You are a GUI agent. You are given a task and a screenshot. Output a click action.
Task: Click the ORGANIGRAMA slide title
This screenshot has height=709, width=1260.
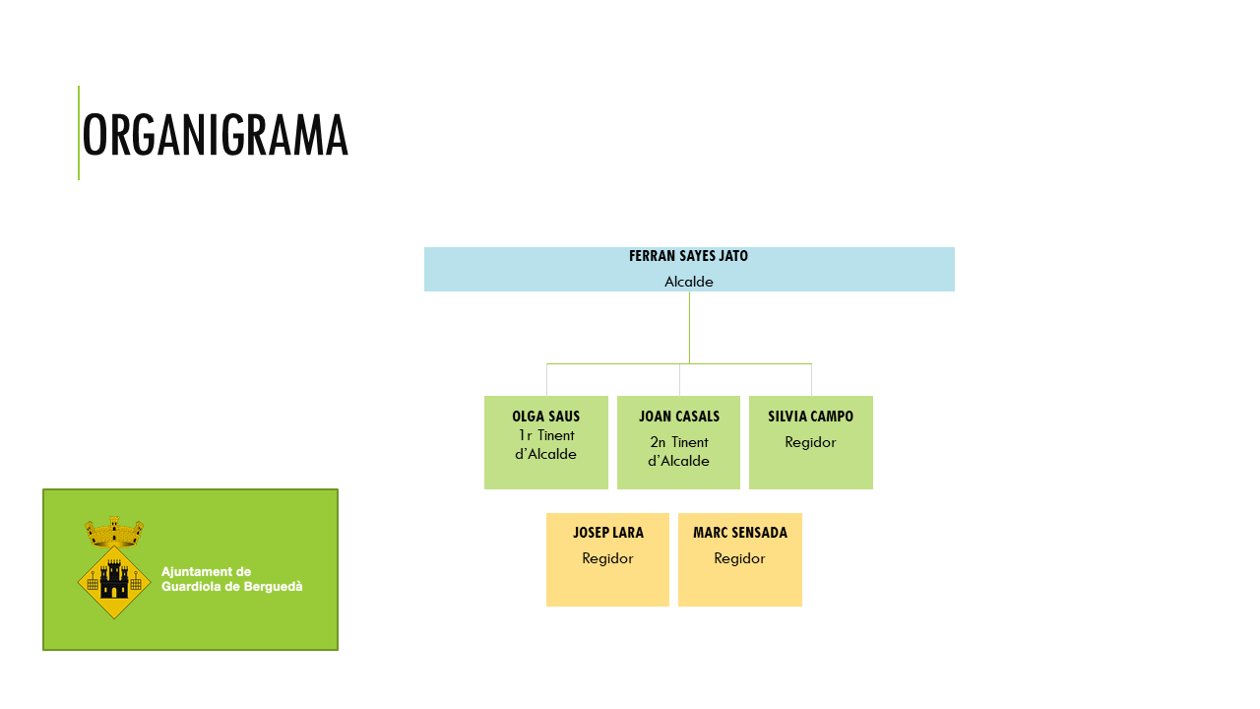click(x=215, y=135)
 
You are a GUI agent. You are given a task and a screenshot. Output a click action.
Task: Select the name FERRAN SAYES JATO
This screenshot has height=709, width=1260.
click(x=688, y=256)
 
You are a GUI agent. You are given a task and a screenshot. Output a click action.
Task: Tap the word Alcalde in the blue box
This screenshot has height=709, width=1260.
click(x=688, y=282)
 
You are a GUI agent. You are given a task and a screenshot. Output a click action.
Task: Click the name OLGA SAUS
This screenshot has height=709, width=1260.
click(x=545, y=417)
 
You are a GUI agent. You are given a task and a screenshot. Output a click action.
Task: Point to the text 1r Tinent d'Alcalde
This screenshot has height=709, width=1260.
click(x=545, y=444)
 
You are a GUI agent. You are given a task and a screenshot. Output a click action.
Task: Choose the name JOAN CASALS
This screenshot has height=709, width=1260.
click(x=678, y=417)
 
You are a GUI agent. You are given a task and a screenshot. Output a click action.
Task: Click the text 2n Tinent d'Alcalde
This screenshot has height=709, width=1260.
click(x=678, y=451)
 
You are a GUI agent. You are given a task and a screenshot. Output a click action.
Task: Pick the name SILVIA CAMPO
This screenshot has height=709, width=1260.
click(x=810, y=417)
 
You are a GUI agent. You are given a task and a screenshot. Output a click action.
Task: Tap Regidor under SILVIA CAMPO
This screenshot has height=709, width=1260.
click(x=810, y=442)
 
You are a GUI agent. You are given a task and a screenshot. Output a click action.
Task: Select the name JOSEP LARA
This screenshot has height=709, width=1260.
click(x=607, y=533)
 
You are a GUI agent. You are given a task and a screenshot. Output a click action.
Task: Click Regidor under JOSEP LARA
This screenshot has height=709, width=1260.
click(x=607, y=558)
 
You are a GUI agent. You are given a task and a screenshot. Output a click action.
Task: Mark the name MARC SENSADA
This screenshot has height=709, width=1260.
click(x=739, y=533)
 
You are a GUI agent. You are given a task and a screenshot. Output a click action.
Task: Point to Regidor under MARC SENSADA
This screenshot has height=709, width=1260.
click(x=739, y=558)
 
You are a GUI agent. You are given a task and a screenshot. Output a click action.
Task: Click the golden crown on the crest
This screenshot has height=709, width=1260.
click(x=114, y=532)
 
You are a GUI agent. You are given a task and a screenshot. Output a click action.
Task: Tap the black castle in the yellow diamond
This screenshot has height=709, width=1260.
click(x=114, y=580)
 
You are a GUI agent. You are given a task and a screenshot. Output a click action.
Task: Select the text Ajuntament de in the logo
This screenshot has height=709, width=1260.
click(x=206, y=571)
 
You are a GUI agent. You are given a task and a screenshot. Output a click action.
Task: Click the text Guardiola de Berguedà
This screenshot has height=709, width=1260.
click(x=231, y=586)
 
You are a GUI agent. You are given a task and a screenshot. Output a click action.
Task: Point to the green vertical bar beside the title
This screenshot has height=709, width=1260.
click(x=79, y=133)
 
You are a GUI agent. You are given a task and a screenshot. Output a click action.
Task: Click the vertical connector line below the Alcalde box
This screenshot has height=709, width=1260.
click(x=689, y=327)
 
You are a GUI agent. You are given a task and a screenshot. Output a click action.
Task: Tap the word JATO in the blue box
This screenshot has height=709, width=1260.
click(x=732, y=256)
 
